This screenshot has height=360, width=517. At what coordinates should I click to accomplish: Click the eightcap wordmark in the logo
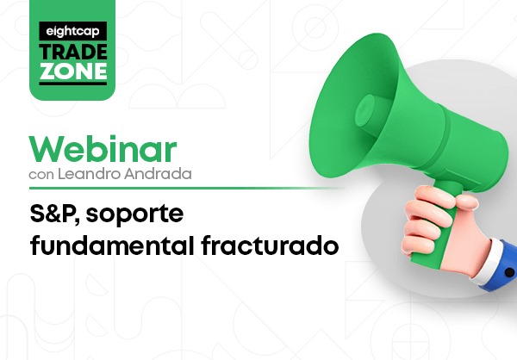72,31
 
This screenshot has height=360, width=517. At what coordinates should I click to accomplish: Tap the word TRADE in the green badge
73,52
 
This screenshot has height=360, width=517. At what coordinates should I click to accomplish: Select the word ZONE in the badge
73,71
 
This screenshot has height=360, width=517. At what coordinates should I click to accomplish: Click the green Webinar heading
103,149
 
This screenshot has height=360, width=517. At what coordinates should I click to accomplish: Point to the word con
41,174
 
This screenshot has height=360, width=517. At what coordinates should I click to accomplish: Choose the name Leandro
89,174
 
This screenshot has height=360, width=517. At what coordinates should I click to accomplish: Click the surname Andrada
158,174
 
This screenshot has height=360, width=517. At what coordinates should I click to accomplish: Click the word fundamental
112,245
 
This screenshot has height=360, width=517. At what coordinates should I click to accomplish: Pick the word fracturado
270,245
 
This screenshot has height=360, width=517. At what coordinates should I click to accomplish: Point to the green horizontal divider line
186,189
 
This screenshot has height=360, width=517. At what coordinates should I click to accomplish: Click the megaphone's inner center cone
365,111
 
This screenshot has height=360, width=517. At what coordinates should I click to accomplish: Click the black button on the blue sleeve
509,272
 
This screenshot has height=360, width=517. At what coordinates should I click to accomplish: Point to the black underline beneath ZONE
73,84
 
